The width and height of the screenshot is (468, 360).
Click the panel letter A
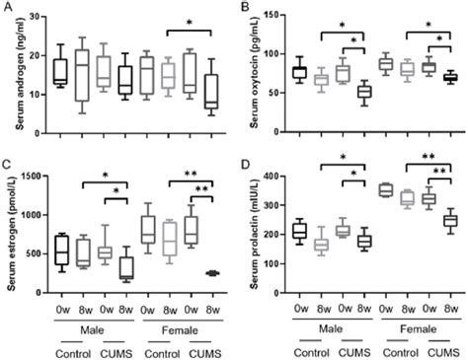7,8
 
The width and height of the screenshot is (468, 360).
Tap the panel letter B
244,8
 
